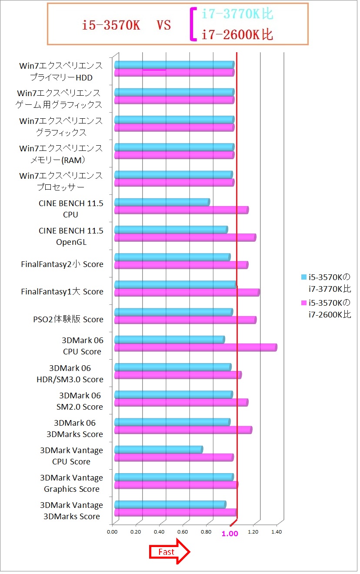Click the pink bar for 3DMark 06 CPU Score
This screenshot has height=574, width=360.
pos(196,347)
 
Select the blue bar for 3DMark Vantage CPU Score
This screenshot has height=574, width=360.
pos(158,449)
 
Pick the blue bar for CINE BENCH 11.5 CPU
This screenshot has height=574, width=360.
pos(162,202)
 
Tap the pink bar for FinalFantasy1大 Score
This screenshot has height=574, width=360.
pos(187,292)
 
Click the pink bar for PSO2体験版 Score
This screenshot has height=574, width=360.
pos(185,320)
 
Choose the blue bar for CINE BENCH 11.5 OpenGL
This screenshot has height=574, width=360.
pos(171,230)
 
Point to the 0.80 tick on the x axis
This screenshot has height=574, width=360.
pos(207,531)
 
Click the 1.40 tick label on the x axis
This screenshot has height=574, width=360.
pos(277,531)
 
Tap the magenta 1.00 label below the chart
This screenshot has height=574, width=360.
pos(230,534)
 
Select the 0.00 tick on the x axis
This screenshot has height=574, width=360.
pos(113,531)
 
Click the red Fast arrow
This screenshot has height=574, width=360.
pos(170,552)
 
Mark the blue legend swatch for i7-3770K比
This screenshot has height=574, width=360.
pos(304,277)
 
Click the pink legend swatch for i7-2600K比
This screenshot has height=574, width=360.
pos(304,303)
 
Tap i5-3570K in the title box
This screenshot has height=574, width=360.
pos(111,25)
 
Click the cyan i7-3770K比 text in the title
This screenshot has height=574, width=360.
pos(237,14)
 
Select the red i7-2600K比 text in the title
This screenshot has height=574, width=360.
pos(237,35)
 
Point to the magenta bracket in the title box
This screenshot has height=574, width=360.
pos(192,24)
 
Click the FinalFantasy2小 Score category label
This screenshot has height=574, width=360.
pos(62,264)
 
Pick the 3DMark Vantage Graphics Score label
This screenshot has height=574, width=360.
pos(72,483)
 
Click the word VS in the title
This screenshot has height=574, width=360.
pos(163,25)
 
